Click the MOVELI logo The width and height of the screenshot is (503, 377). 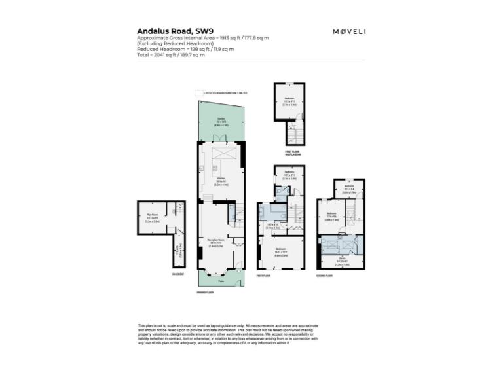[348, 31]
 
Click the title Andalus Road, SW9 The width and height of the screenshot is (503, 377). [165, 31]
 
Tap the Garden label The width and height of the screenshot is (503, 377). [221, 120]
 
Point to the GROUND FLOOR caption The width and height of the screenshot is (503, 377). [205, 292]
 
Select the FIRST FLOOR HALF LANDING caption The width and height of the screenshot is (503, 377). [292, 154]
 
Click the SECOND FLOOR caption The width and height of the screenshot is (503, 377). [324, 276]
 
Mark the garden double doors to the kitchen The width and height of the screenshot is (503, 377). [221, 139]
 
